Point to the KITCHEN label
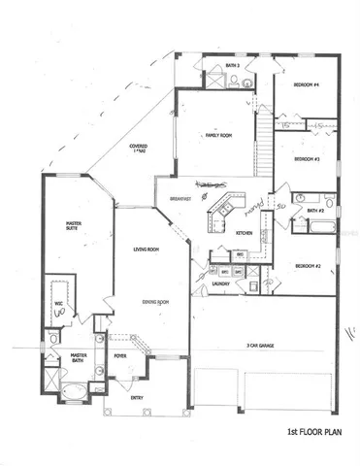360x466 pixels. pos(245,233)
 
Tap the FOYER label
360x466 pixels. pos(120,356)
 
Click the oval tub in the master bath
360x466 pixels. pos(69,393)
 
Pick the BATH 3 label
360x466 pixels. pos(232,66)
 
